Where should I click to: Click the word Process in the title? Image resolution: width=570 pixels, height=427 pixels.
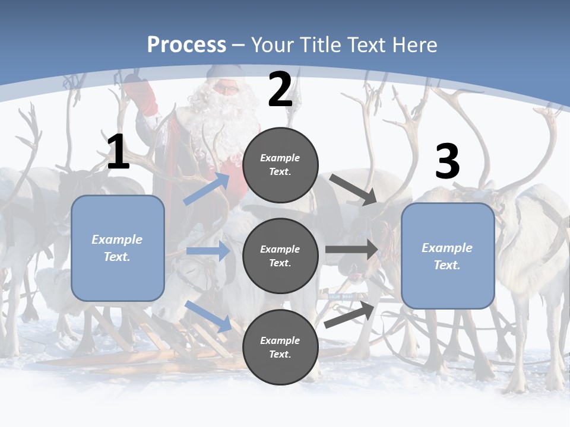186,45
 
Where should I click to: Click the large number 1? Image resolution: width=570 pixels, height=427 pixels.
118,152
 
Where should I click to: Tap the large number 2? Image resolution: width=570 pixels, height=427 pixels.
280,90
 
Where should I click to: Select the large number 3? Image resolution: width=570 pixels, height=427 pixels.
447,162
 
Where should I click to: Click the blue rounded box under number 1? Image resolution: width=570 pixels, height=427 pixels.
118,248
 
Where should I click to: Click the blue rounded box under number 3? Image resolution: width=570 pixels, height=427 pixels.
448,256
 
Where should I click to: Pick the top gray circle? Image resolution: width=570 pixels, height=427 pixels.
280,165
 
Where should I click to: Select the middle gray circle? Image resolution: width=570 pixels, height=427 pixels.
280,256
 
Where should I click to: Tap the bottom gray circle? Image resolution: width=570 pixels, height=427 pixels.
280,347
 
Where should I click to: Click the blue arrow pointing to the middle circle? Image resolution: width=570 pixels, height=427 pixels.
208,251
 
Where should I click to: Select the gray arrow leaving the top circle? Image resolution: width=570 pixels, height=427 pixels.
353,189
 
